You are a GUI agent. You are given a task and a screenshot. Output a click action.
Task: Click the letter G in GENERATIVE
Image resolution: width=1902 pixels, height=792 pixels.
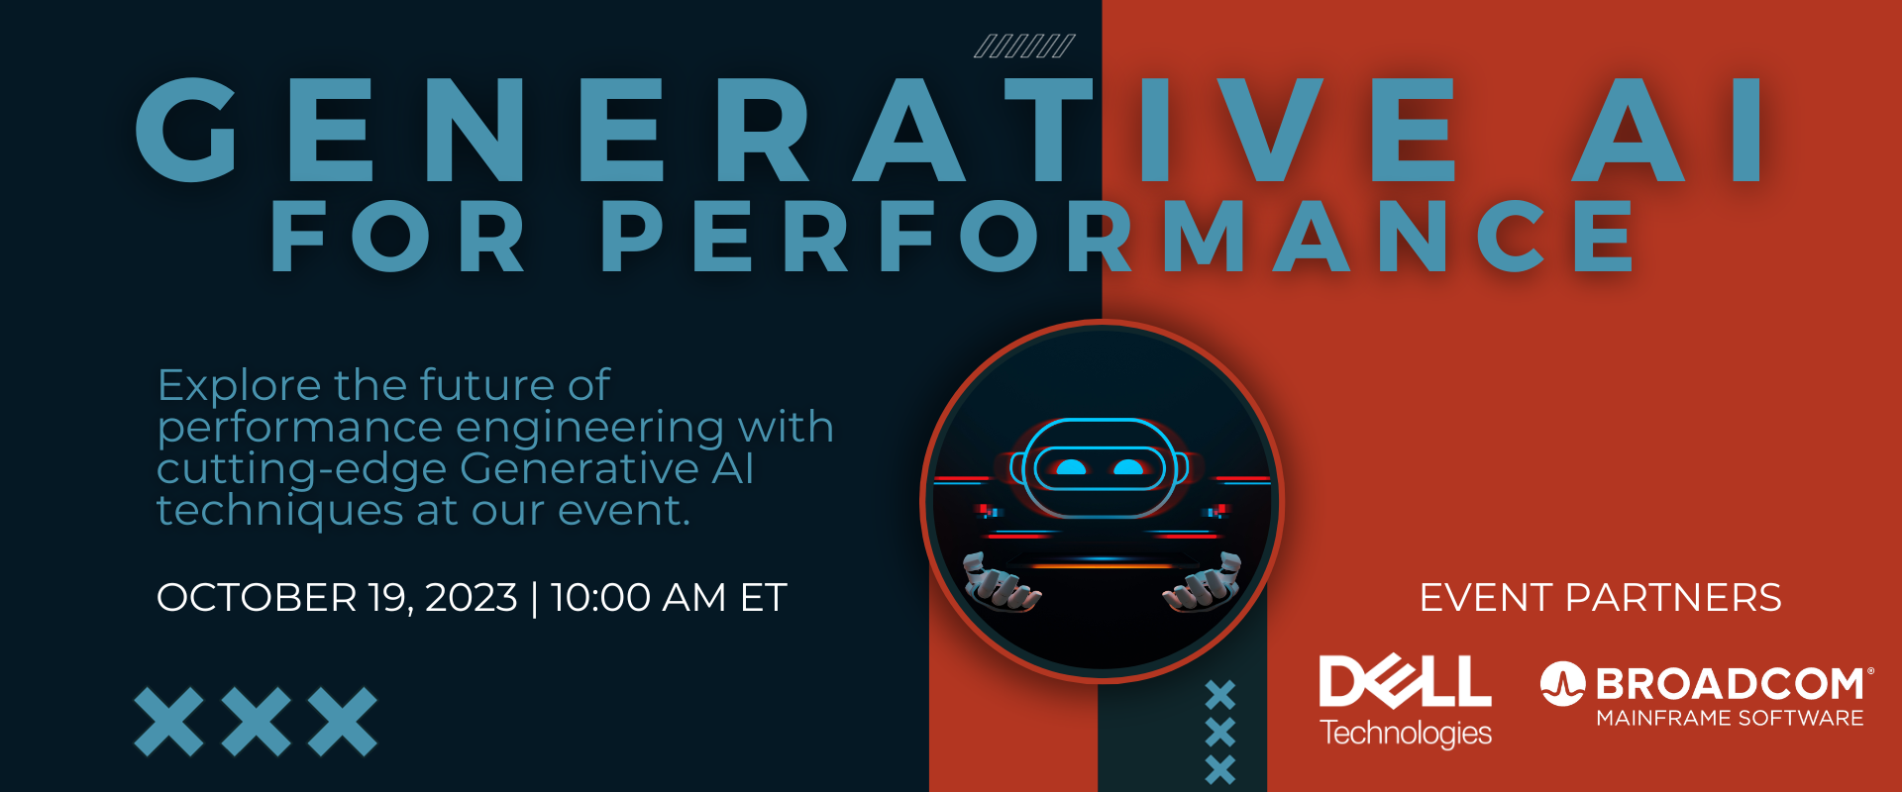coord(188,130)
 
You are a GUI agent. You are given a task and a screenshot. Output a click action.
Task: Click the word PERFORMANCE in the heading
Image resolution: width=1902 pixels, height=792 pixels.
coord(1119,237)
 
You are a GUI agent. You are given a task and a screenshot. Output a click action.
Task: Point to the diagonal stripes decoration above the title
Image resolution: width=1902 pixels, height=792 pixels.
coord(1024,46)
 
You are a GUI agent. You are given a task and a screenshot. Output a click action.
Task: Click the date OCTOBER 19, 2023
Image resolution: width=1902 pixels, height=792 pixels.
coord(337,598)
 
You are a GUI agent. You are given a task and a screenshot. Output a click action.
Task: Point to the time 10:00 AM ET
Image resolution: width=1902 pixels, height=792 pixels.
coord(669,598)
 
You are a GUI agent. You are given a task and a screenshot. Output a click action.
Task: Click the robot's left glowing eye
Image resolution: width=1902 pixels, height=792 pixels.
coord(1070,467)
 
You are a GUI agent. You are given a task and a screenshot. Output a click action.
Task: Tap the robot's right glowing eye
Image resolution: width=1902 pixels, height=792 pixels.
coord(1128,467)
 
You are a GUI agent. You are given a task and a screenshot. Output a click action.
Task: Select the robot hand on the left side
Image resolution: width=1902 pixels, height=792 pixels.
coord(1001,581)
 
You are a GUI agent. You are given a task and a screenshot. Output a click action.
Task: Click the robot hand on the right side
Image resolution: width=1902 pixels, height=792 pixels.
coord(1203,581)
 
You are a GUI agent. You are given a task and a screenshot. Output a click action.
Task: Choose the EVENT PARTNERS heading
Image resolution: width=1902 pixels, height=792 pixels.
coord(1600,598)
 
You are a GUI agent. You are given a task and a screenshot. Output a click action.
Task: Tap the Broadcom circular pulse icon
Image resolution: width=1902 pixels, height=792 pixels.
coord(1562,684)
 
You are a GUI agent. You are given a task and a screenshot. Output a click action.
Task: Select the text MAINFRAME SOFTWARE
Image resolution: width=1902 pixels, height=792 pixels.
coord(1730,718)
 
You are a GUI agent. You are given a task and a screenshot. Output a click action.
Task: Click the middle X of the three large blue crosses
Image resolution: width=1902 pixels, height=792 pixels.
coord(256,722)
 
